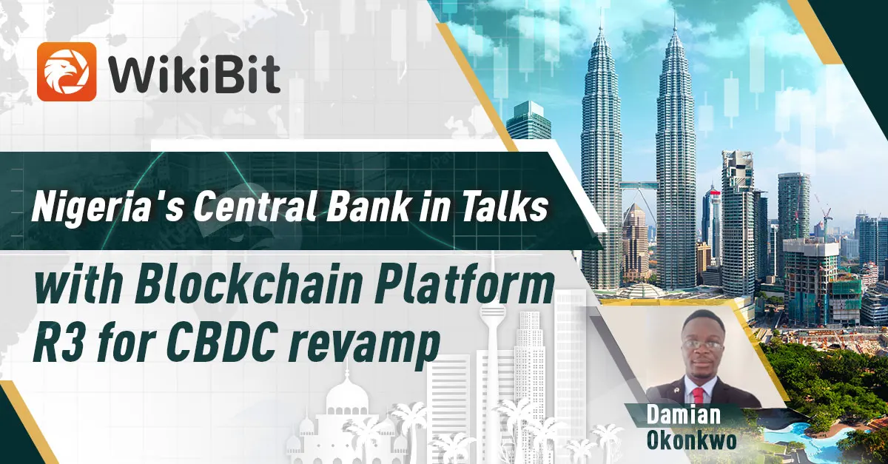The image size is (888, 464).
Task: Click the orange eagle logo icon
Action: pyautogui.click(x=67, y=71)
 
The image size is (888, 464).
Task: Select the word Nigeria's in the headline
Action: pyautogui.click(x=107, y=207)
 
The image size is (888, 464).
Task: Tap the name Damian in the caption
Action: pyautogui.click(x=684, y=414)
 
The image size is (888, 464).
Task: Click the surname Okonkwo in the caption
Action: pyautogui.click(x=692, y=440)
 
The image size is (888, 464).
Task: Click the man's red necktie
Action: pyautogui.click(x=699, y=395)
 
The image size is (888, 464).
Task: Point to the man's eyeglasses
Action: pyautogui.click(x=702, y=345)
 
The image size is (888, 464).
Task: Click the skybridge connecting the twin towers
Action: pyautogui.click(x=638, y=184)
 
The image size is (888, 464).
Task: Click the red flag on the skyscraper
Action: pyautogui.click(x=714, y=192)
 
